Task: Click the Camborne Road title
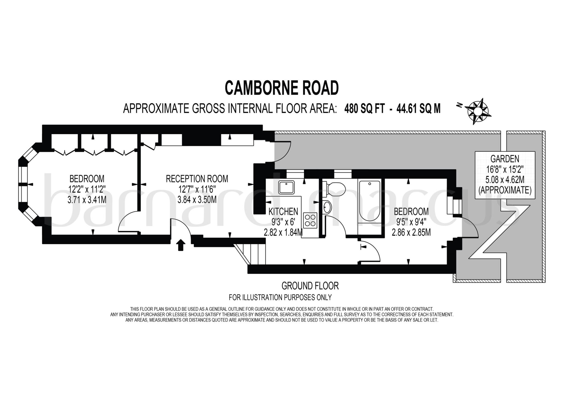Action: (x=282, y=88)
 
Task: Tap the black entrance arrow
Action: (x=180, y=245)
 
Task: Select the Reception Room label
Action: (x=197, y=179)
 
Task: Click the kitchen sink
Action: (x=286, y=187)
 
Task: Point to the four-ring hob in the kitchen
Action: (x=310, y=220)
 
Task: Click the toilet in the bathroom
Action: (x=334, y=190)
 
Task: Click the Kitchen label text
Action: (x=283, y=212)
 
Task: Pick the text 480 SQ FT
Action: (x=364, y=109)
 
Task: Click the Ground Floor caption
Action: (x=310, y=286)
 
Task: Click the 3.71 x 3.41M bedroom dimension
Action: (x=87, y=200)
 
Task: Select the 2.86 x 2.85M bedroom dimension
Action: (x=411, y=233)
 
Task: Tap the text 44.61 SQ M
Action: (x=418, y=109)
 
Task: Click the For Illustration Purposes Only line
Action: (x=280, y=297)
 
